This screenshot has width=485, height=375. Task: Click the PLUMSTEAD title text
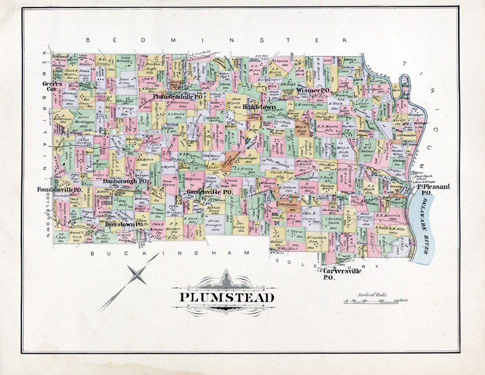227,297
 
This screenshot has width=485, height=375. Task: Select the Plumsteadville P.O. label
178,96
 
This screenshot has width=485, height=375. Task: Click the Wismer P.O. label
312,91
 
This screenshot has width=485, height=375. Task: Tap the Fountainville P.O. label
59,190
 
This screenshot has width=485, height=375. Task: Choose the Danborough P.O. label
125,182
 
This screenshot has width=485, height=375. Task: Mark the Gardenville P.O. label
209,191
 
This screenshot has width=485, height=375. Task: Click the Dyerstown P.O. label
124,224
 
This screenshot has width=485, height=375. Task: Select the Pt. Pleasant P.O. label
434,189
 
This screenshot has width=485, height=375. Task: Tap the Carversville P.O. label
342,274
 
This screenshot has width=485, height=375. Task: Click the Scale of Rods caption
373,295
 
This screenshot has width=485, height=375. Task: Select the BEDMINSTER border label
217,41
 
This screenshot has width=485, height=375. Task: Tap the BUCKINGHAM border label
170,252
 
